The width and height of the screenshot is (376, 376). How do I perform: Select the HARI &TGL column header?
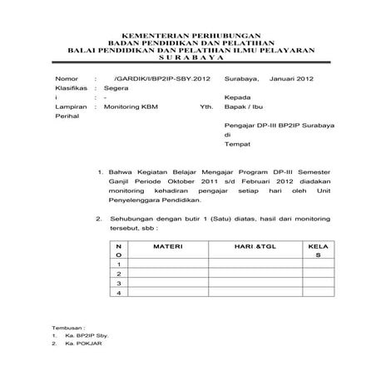253,247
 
